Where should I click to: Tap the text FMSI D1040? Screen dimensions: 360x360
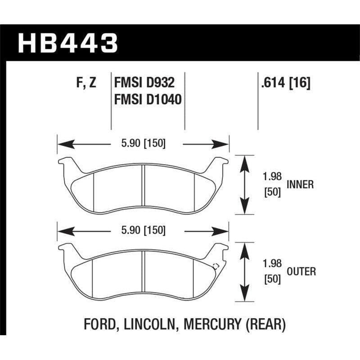[x=148, y=99]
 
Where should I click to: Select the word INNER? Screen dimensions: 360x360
[x=300, y=184]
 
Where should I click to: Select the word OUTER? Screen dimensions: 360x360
[x=301, y=271]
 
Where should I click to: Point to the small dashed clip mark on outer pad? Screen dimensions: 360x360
[x=215, y=265]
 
